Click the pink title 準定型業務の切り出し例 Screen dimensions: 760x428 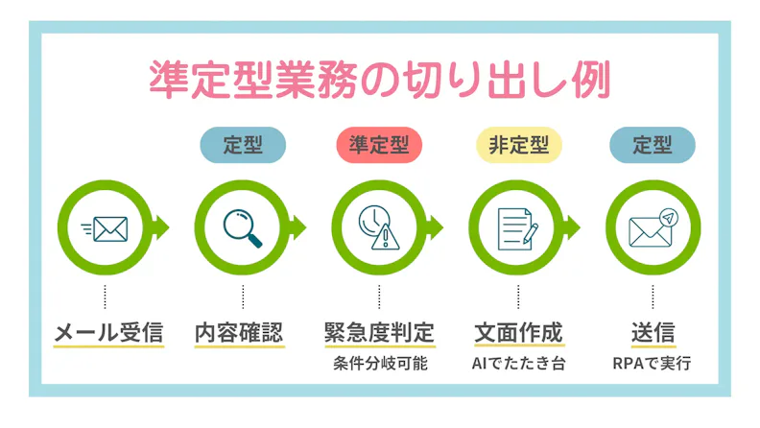(x=379, y=80)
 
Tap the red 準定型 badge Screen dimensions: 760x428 (x=379, y=145)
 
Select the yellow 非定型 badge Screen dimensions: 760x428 (x=518, y=145)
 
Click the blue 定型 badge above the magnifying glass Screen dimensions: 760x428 (x=243, y=145)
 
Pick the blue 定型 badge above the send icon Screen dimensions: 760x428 (x=653, y=145)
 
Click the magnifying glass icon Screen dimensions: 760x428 (x=243, y=228)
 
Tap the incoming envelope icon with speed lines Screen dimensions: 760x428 (x=105, y=228)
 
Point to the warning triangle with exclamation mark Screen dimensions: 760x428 (x=386, y=236)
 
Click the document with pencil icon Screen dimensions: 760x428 (x=517, y=228)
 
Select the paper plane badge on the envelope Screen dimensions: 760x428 (x=669, y=218)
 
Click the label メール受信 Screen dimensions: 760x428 (x=108, y=333)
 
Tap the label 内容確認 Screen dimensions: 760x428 (x=239, y=333)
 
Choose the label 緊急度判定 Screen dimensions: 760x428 (x=379, y=333)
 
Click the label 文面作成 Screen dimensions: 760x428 (x=518, y=333)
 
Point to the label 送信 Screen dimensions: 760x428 (x=653, y=333)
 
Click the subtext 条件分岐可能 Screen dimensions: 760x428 (x=381, y=364)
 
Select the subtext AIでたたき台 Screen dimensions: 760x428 (x=518, y=364)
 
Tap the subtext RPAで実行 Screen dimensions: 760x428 (x=652, y=364)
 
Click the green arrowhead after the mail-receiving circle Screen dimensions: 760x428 (x=160, y=227)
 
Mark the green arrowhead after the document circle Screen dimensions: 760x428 (x=572, y=227)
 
